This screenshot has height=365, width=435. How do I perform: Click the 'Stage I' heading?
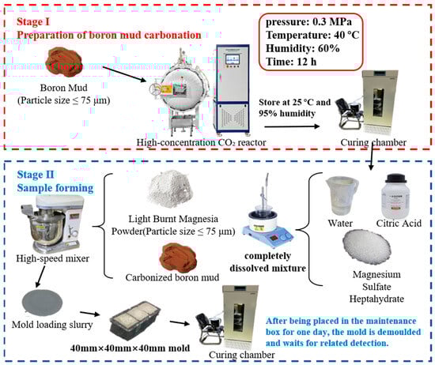tap(33, 21)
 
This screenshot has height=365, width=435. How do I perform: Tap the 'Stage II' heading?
tap(36, 175)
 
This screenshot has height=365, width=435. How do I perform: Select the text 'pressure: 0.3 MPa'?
tap(308, 22)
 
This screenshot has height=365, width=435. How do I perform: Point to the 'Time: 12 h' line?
tap(291, 62)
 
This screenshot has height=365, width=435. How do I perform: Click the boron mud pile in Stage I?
tap(64, 62)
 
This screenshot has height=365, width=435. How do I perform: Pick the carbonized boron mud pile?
tap(178, 257)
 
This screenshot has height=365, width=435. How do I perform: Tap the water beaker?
tap(342, 197)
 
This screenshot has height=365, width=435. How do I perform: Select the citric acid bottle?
tap(395, 196)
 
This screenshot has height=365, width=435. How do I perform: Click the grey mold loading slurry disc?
tap(42, 303)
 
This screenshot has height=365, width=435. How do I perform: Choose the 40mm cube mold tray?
tap(135, 321)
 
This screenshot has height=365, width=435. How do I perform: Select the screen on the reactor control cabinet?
tap(233, 59)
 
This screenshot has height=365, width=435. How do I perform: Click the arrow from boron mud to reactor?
tap(124, 73)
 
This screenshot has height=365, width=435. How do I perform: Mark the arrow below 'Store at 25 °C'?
tap(292, 126)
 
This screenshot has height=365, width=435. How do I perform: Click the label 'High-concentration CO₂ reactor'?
tap(201, 142)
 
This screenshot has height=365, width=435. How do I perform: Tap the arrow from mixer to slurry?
tap(40, 277)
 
